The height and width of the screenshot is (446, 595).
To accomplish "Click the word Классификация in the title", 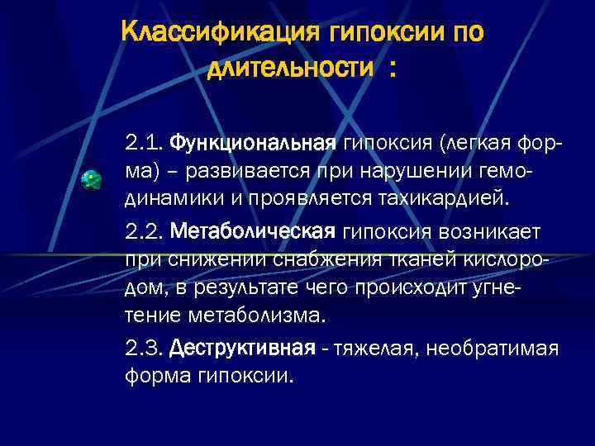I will pos(220,34).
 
